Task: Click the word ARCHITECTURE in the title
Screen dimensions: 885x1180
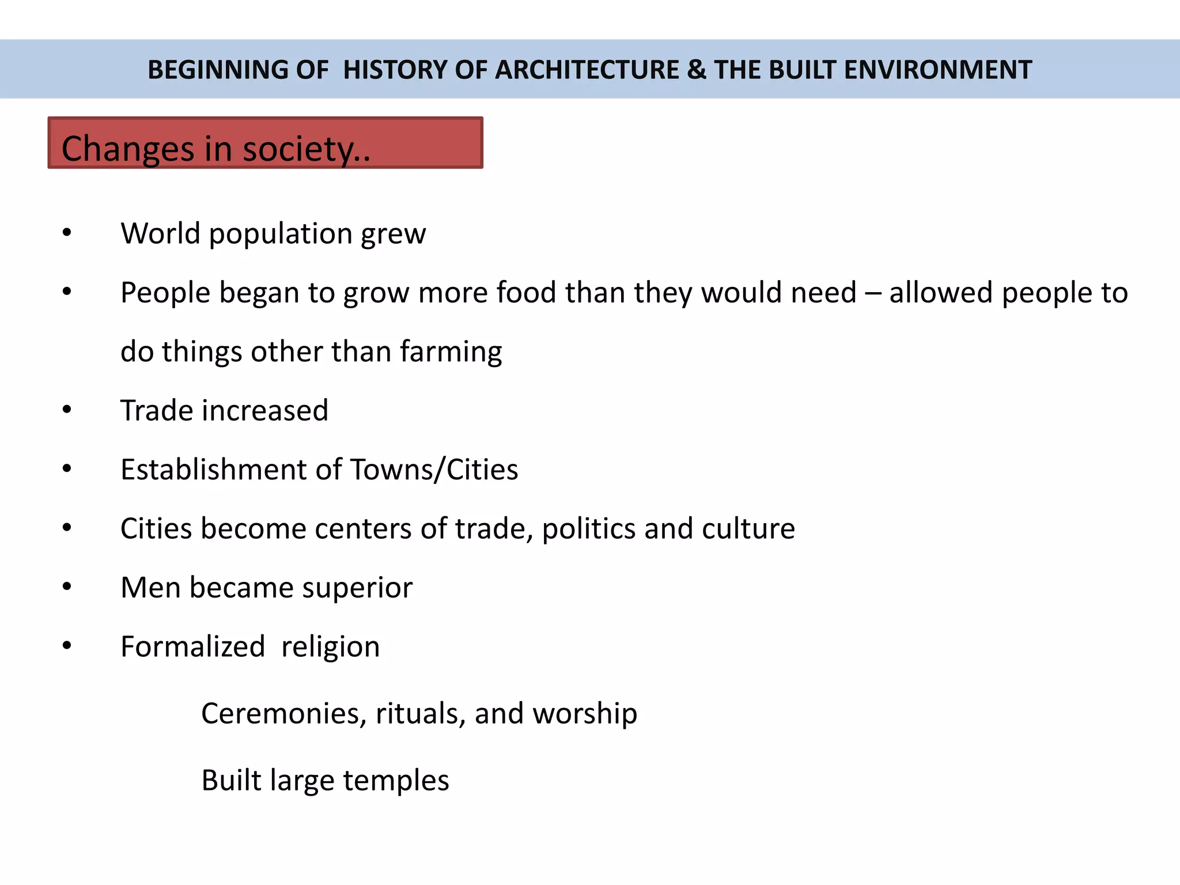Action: pos(587,70)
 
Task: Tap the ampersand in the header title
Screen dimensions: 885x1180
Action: pos(697,70)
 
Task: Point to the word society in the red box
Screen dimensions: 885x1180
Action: pos(306,149)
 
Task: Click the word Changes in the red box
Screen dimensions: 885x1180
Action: pos(128,149)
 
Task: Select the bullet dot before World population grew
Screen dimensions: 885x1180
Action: pos(67,233)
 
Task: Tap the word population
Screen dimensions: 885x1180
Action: pos(280,235)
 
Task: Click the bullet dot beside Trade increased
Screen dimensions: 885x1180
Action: pos(67,410)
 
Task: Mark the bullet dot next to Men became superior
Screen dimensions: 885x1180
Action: pos(67,587)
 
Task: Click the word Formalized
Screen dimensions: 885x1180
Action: pos(192,646)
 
